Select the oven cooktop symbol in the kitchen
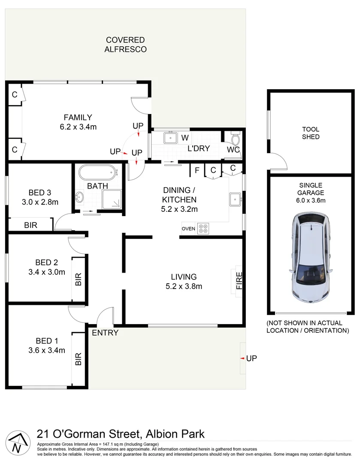(203, 228)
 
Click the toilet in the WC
(235, 140)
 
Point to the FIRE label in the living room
(239, 281)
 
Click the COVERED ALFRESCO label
(125, 45)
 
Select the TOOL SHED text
(311, 133)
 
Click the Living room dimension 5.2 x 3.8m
(184, 286)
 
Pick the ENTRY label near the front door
(105, 333)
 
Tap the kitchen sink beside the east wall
(235, 199)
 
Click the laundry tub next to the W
(170, 138)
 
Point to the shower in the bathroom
(112, 199)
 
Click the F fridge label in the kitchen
(197, 170)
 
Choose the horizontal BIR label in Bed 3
(30, 225)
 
